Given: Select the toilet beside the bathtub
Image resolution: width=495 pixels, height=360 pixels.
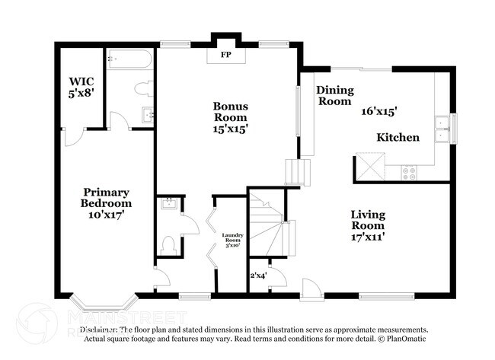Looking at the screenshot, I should click(142, 89).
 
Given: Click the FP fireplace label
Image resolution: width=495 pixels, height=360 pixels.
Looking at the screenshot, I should click(226, 56).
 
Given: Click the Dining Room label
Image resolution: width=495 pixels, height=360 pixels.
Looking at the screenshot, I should click(334, 95).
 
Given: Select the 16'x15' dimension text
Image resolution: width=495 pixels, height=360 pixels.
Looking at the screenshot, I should click(379, 110).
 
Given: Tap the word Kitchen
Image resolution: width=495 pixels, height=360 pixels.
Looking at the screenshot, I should click(398, 138).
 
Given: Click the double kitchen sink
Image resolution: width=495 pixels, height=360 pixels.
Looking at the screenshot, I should click(441, 129).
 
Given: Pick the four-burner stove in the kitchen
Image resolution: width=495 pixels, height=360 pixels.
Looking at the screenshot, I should click(410, 170).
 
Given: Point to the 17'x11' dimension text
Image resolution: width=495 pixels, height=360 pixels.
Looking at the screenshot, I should click(367, 236).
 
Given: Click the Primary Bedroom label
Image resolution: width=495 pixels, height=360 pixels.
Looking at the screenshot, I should click(106, 198).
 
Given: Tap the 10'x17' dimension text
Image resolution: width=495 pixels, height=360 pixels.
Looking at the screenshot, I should click(106, 215).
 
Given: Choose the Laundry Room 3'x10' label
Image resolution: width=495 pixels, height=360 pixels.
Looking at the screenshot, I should click(231, 240).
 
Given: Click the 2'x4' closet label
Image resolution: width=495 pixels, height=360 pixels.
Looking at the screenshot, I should click(257, 275).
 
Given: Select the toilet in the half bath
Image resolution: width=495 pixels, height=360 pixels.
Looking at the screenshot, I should click(170, 244).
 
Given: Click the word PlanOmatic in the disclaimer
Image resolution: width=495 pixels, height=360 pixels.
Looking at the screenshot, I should click(406, 337).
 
